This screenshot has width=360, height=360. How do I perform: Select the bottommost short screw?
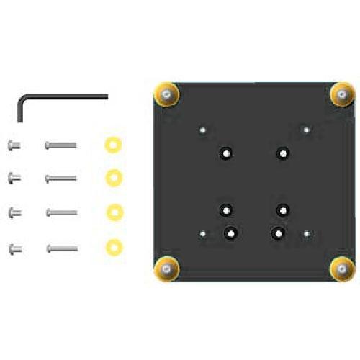point(14,249)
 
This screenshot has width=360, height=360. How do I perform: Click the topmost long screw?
point(60,145)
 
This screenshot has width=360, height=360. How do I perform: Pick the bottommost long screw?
point(61,249)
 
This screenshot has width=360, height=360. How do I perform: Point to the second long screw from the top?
point(60,177)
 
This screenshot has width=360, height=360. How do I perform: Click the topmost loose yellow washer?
point(112,144)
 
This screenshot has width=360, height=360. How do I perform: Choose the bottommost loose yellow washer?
point(112,248)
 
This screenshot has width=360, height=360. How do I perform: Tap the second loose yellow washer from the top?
point(112,177)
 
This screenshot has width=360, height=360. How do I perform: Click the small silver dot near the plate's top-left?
point(204,131)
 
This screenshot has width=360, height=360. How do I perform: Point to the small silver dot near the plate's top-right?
point(307,131)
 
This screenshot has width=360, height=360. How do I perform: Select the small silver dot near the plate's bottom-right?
point(307,234)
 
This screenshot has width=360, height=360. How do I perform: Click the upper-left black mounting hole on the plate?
point(226,153)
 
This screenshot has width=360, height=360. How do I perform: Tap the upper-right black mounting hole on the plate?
point(283,153)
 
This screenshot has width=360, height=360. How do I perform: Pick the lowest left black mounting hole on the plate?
point(230,233)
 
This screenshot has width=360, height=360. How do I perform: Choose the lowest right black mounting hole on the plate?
point(278,233)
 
